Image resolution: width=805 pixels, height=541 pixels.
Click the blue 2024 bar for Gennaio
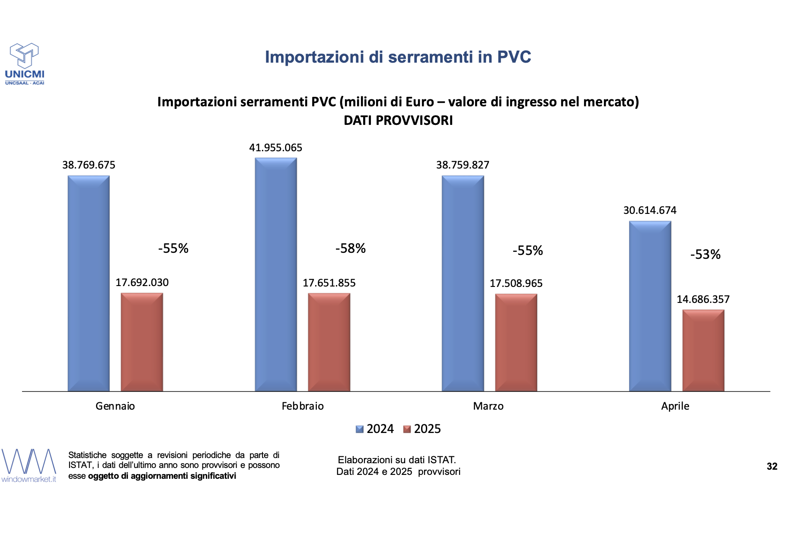point(89,283)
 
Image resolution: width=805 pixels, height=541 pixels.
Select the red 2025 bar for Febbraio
point(329,342)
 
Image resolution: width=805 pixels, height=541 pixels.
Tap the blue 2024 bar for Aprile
point(650,306)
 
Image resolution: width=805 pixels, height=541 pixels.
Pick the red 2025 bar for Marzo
point(516,343)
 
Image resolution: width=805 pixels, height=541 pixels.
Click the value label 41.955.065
point(276,148)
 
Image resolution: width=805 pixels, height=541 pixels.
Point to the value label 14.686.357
point(703,299)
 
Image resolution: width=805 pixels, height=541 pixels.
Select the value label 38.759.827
point(463,165)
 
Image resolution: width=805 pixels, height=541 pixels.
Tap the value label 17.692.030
point(142,283)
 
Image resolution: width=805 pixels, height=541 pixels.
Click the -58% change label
point(351,248)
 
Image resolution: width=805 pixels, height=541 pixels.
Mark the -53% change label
point(705,255)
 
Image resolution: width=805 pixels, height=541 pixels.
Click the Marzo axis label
point(488,406)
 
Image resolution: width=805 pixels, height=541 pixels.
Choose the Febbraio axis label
point(303,406)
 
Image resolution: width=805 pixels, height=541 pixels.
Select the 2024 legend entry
point(375,429)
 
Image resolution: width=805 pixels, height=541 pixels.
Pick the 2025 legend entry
point(422,429)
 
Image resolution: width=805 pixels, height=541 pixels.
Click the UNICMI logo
point(25,64)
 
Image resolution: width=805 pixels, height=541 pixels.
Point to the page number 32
point(772,467)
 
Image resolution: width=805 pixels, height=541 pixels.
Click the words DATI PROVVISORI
point(398,121)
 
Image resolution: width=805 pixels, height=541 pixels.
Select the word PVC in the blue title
point(514,57)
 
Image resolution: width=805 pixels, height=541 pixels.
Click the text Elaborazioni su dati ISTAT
point(397,460)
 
